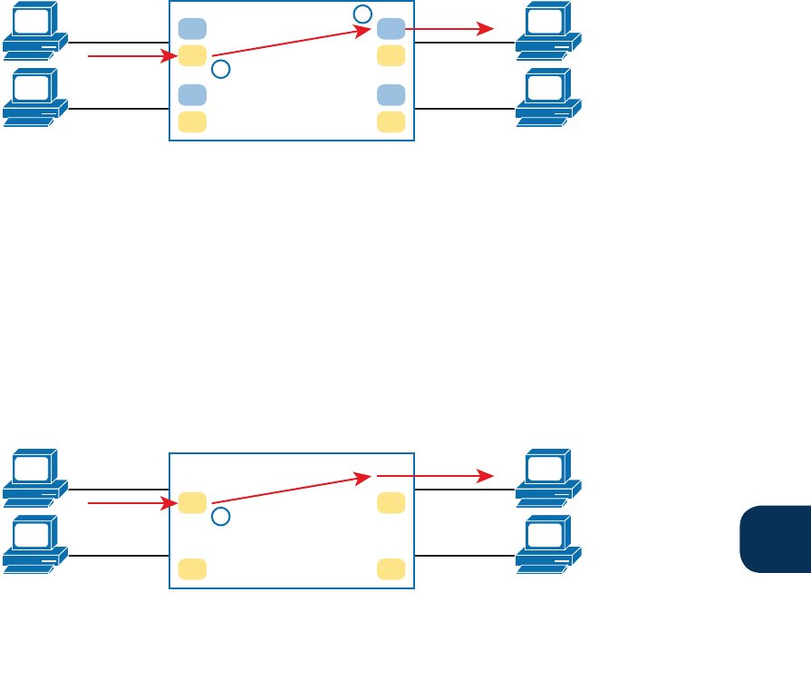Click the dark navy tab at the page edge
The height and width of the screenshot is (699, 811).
coord(776,539)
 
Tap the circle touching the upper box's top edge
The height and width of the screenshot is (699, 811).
coord(362,14)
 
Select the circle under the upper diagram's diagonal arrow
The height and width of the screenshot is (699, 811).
coord(220,69)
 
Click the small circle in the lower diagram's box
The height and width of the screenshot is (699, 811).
coord(220,517)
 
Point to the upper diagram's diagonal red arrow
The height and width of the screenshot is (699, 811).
coord(290,43)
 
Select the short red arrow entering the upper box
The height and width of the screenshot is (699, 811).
coord(131,56)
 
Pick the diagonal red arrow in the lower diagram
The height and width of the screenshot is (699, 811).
coord(290,490)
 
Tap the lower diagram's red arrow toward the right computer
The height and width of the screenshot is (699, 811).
coord(435,476)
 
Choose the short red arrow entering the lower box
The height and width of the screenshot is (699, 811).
coord(131,503)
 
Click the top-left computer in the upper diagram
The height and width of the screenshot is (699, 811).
coord(34,29)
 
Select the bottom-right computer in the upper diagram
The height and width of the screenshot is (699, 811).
coord(547,97)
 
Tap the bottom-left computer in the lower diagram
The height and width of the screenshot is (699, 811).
coord(34,544)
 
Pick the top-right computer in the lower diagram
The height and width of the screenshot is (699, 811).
coord(547,477)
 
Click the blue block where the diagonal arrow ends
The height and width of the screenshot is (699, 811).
coord(391,29)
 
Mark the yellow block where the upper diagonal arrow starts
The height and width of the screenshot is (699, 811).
coord(192,55)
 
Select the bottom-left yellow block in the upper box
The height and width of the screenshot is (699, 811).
coord(192,121)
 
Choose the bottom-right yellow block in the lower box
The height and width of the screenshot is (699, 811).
coord(391,568)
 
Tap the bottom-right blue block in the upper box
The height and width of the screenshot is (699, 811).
coord(391,95)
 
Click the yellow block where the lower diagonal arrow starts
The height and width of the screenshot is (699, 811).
coord(192,502)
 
